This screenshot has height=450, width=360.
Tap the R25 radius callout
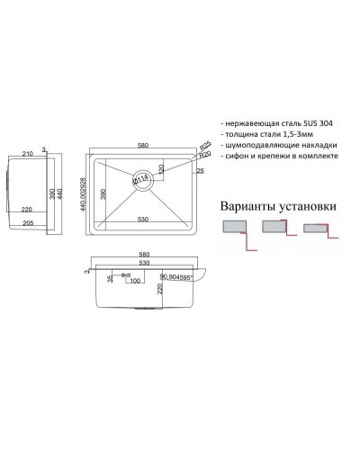pos(204,144)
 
